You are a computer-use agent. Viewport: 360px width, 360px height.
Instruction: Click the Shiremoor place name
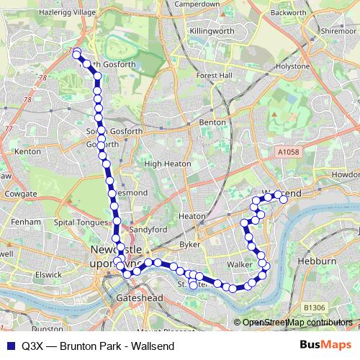[339, 32]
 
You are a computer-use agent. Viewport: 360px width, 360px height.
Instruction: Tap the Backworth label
[289, 12]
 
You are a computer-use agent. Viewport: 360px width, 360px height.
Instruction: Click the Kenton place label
[27, 152]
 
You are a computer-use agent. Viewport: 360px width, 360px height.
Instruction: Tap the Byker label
[189, 245]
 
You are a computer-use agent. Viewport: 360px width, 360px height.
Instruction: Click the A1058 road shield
[287, 152]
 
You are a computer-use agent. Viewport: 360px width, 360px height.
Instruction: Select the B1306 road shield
[314, 307]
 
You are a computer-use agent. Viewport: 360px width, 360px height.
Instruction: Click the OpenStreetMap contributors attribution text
[297, 323]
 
